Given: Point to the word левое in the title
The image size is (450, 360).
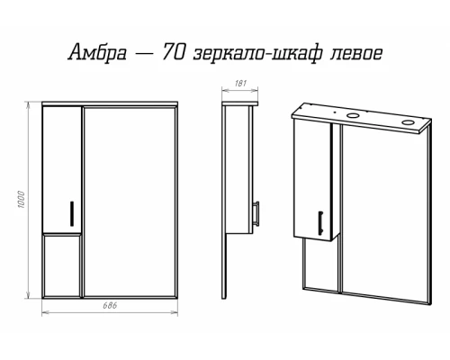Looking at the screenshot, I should coord(355,53).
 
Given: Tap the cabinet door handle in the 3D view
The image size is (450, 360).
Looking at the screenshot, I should coord(321,219).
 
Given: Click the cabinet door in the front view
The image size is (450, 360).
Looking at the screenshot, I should coord(61,166).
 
